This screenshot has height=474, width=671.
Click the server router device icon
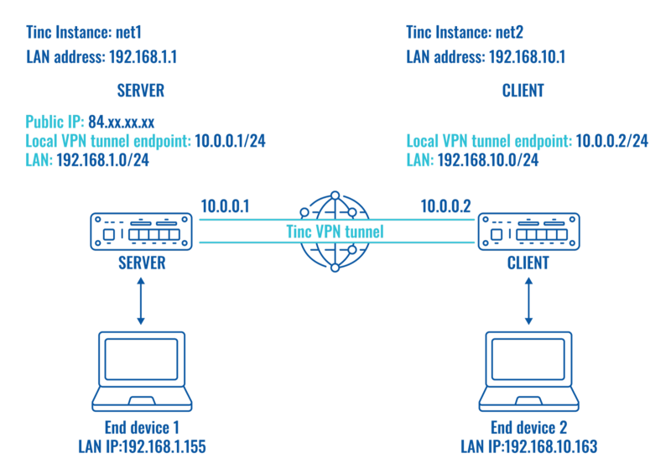click(x=141, y=231)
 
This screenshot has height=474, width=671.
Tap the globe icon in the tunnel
click(x=335, y=232)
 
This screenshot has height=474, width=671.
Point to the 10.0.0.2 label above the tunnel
click(x=445, y=205)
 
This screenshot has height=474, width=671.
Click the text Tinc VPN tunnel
click(x=335, y=232)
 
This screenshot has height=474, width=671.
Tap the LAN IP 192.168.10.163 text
click(x=528, y=447)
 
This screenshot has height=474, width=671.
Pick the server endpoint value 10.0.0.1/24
click(x=230, y=140)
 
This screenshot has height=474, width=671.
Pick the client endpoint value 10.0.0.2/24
click(x=611, y=140)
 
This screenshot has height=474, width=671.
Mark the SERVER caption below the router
click(x=141, y=264)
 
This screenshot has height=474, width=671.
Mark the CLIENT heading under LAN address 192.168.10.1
click(x=525, y=90)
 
